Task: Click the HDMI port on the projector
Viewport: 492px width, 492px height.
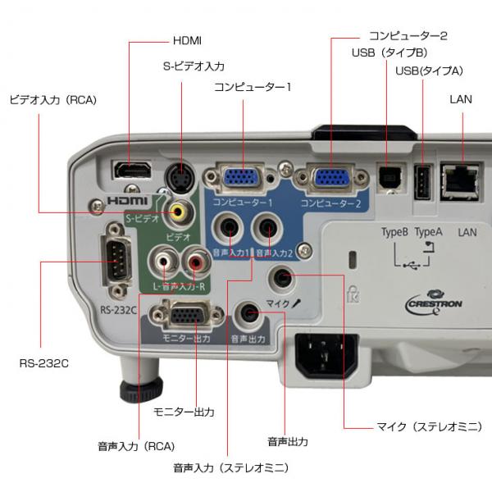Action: (x=131, y=171)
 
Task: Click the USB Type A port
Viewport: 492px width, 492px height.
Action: (x=422, y=181)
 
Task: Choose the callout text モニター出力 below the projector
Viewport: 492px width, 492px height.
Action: (x=184, y=412)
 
